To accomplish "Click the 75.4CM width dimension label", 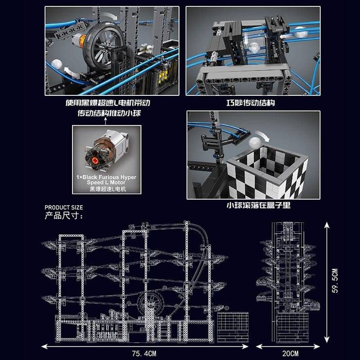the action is [x=144, y=353].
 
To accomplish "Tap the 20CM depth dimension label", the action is [x=290, y=353].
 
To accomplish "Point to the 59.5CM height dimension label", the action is [x=335, y=280].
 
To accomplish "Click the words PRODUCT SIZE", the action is [x=64, y=207].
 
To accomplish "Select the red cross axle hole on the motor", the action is [x=95, y=160].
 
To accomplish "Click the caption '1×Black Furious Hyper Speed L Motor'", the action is [x=106, y=180].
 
